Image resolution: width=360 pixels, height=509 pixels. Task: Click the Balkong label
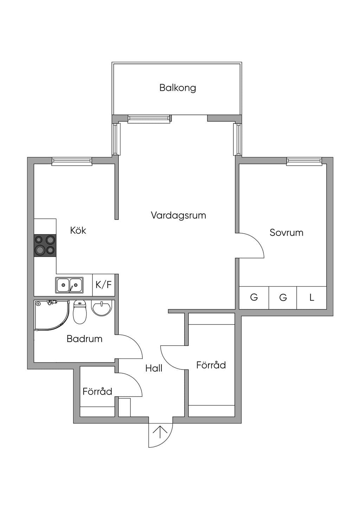point(178,88)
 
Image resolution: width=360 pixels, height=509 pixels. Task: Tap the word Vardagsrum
point(178,215)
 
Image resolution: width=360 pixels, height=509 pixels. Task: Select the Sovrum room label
point(287,232)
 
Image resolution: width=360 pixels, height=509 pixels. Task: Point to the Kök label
point(78,230)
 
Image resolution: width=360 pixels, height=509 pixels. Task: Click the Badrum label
point(84,339)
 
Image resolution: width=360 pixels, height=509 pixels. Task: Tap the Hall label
point(154,368)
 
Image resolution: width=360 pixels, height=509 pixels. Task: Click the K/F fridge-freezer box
point(103,285)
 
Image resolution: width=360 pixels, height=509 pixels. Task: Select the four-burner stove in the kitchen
point(45,245)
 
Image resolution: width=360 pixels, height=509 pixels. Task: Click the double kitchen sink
point(69,285)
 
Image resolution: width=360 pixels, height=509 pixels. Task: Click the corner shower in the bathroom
point(52,315)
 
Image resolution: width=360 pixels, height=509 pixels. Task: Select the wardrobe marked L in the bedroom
point(311,298)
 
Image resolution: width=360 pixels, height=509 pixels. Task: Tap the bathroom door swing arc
point(135,343)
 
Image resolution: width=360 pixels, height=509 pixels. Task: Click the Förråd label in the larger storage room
point(211,365)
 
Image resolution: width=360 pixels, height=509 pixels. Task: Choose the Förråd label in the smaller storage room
point(97,391)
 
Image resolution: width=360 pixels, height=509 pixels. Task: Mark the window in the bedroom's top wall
point(304,161)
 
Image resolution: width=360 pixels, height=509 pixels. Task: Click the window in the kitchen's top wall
point(72,161)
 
